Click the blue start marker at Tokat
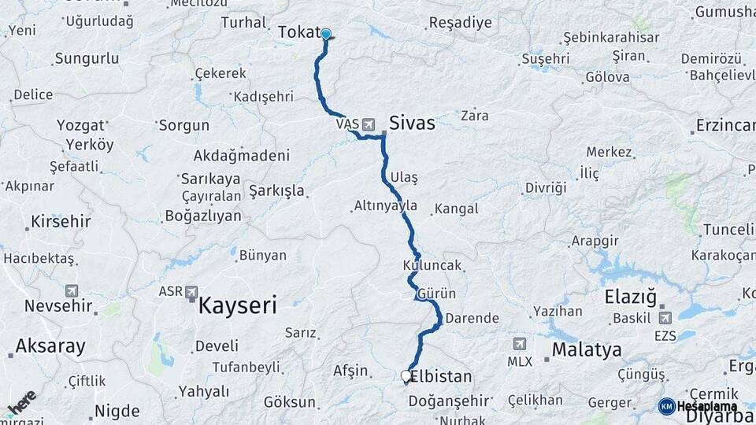(x=325, y=34)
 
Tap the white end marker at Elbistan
(x=406, y=376)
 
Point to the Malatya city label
(x=587, y=349)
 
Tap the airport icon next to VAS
(x=368, y=124)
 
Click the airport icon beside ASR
(x=191, y=292)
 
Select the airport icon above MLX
(x=519, y=345)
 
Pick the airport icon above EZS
(x=664, y=318)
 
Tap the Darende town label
(x=472, y=319)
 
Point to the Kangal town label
(x=456, y=209)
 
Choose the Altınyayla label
(x=385, y=206)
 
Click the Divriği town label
(x=546, y=188)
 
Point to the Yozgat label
(x=81, y=126)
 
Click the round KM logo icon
(x=666, y=406)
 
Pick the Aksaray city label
(x=50, y=346)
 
